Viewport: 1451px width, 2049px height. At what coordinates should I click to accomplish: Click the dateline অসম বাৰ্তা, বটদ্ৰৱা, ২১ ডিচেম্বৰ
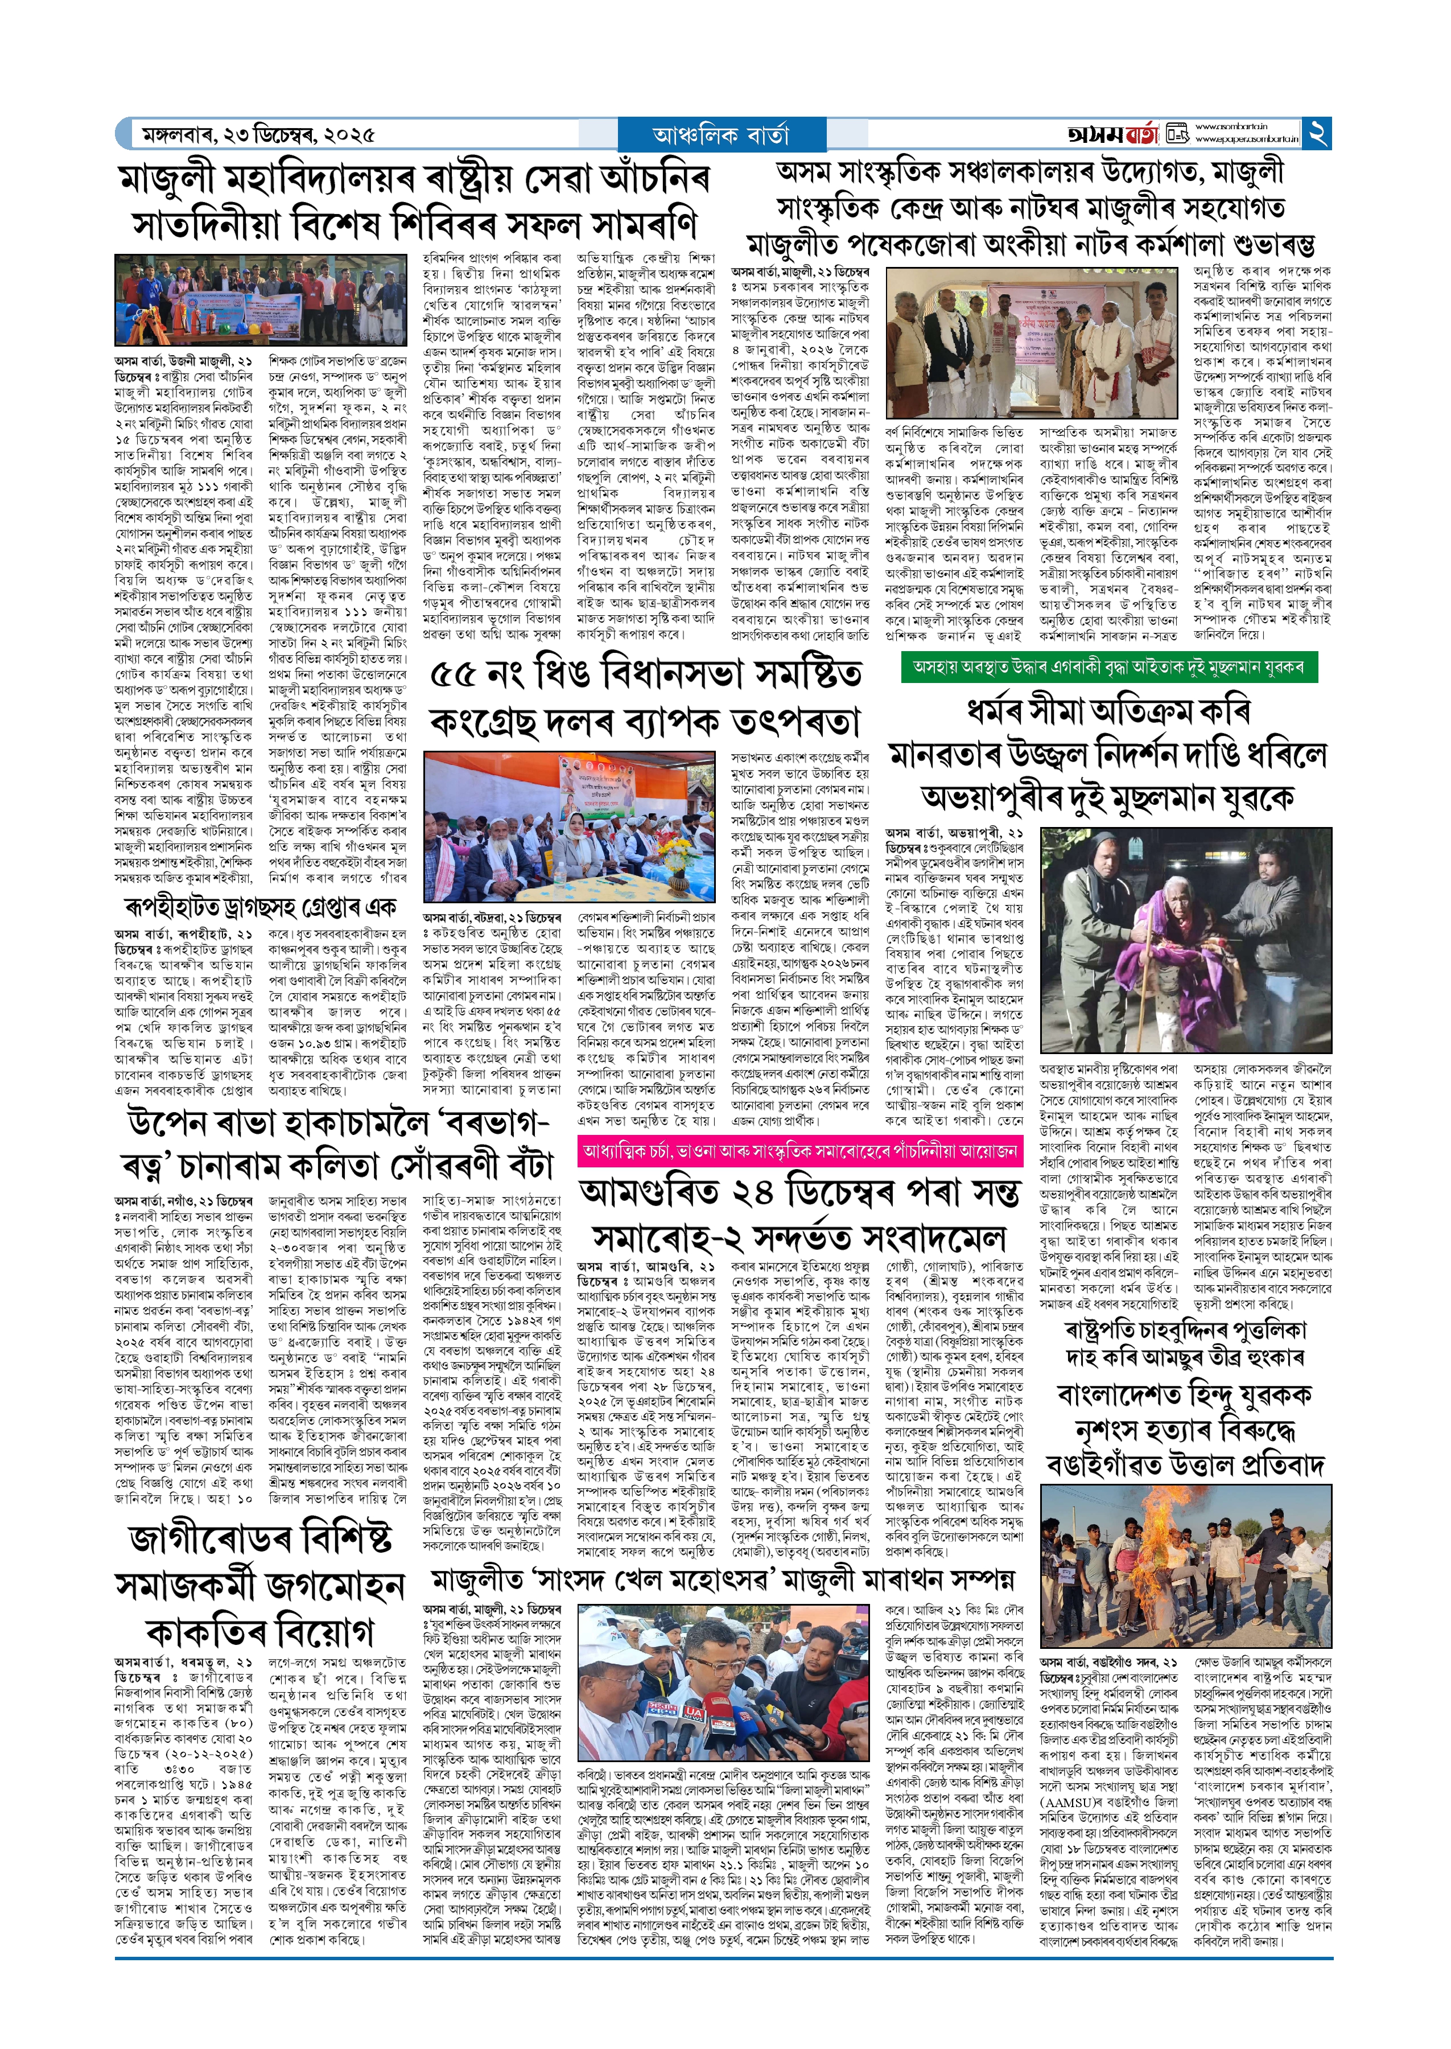[x=492, y=917]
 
